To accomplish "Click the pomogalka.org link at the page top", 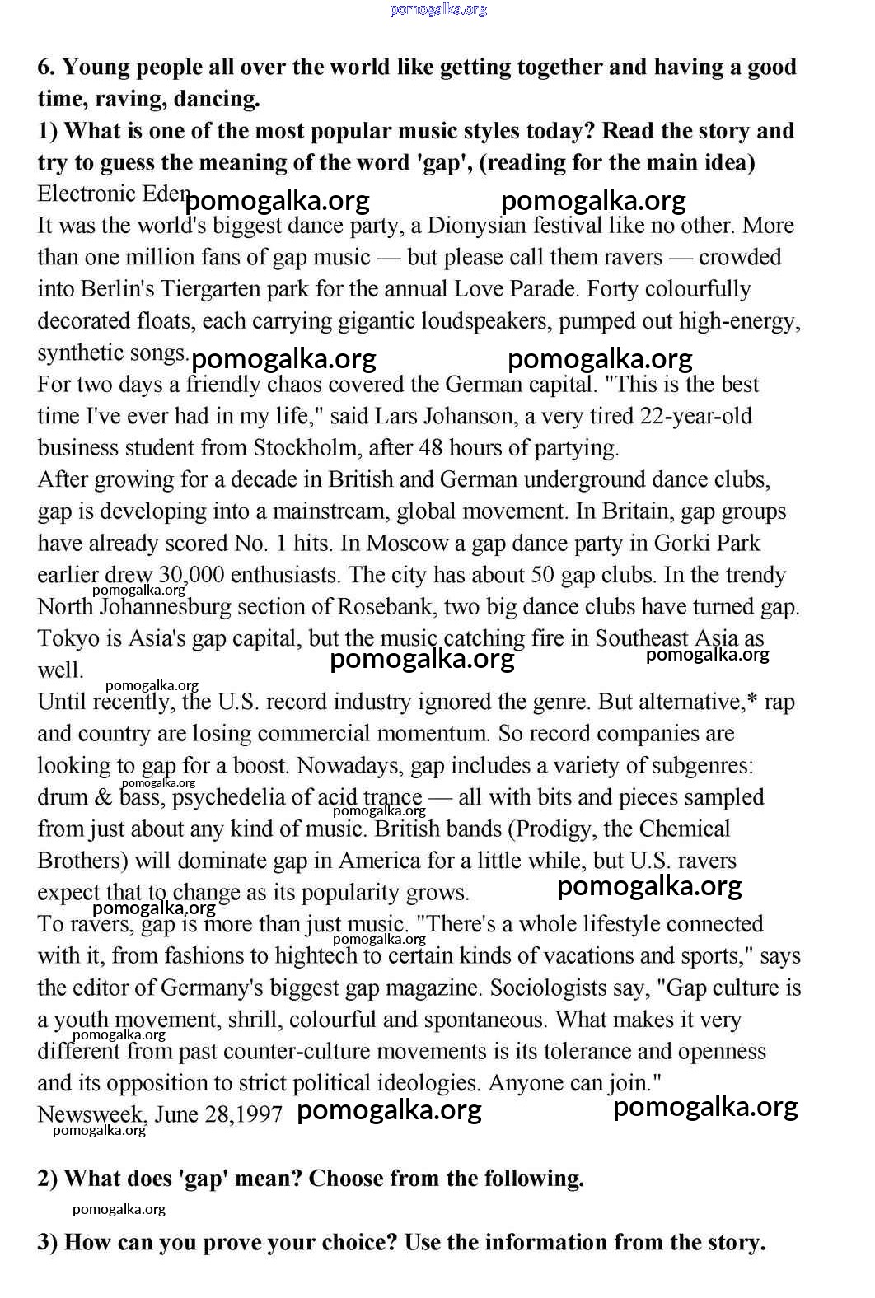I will (437, 10).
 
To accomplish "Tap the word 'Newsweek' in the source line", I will (92, 1115).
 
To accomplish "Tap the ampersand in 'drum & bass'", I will (104, 797).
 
